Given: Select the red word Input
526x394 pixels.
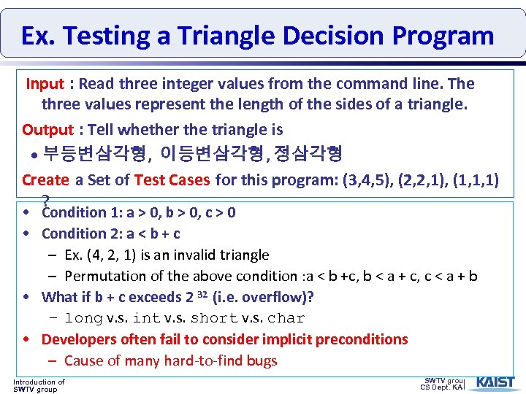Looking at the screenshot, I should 45,84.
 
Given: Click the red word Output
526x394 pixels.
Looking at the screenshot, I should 47,130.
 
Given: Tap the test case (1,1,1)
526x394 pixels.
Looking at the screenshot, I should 476,179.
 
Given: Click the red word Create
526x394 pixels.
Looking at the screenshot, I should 45,179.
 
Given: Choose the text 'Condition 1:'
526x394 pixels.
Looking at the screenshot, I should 75,213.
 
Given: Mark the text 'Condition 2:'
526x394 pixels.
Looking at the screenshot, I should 75,234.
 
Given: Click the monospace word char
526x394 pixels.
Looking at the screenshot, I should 286,319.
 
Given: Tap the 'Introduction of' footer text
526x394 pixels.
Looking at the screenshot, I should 39,382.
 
